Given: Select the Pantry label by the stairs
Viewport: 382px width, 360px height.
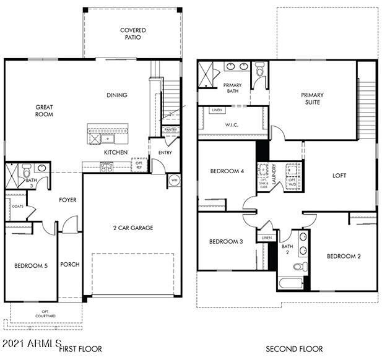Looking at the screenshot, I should (x=170, y=130).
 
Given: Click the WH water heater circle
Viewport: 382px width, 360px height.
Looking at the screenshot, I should (x=173, y=181).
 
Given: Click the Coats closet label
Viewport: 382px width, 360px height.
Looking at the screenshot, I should (x=18, y=207).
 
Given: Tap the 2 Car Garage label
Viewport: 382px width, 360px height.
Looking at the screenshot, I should (x=132, y=228).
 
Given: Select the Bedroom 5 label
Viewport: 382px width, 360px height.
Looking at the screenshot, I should (x=30, y=265).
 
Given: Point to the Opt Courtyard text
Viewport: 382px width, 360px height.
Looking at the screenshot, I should (x=45, y=314).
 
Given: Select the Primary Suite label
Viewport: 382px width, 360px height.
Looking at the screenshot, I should (x=312, y=98).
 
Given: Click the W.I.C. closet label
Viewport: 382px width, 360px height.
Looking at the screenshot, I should (x=232, y=126).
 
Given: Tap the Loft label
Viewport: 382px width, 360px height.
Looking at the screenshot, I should (x=339, y=176).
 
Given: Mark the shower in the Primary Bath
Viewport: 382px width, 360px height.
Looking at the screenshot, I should (x=206, y=76).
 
